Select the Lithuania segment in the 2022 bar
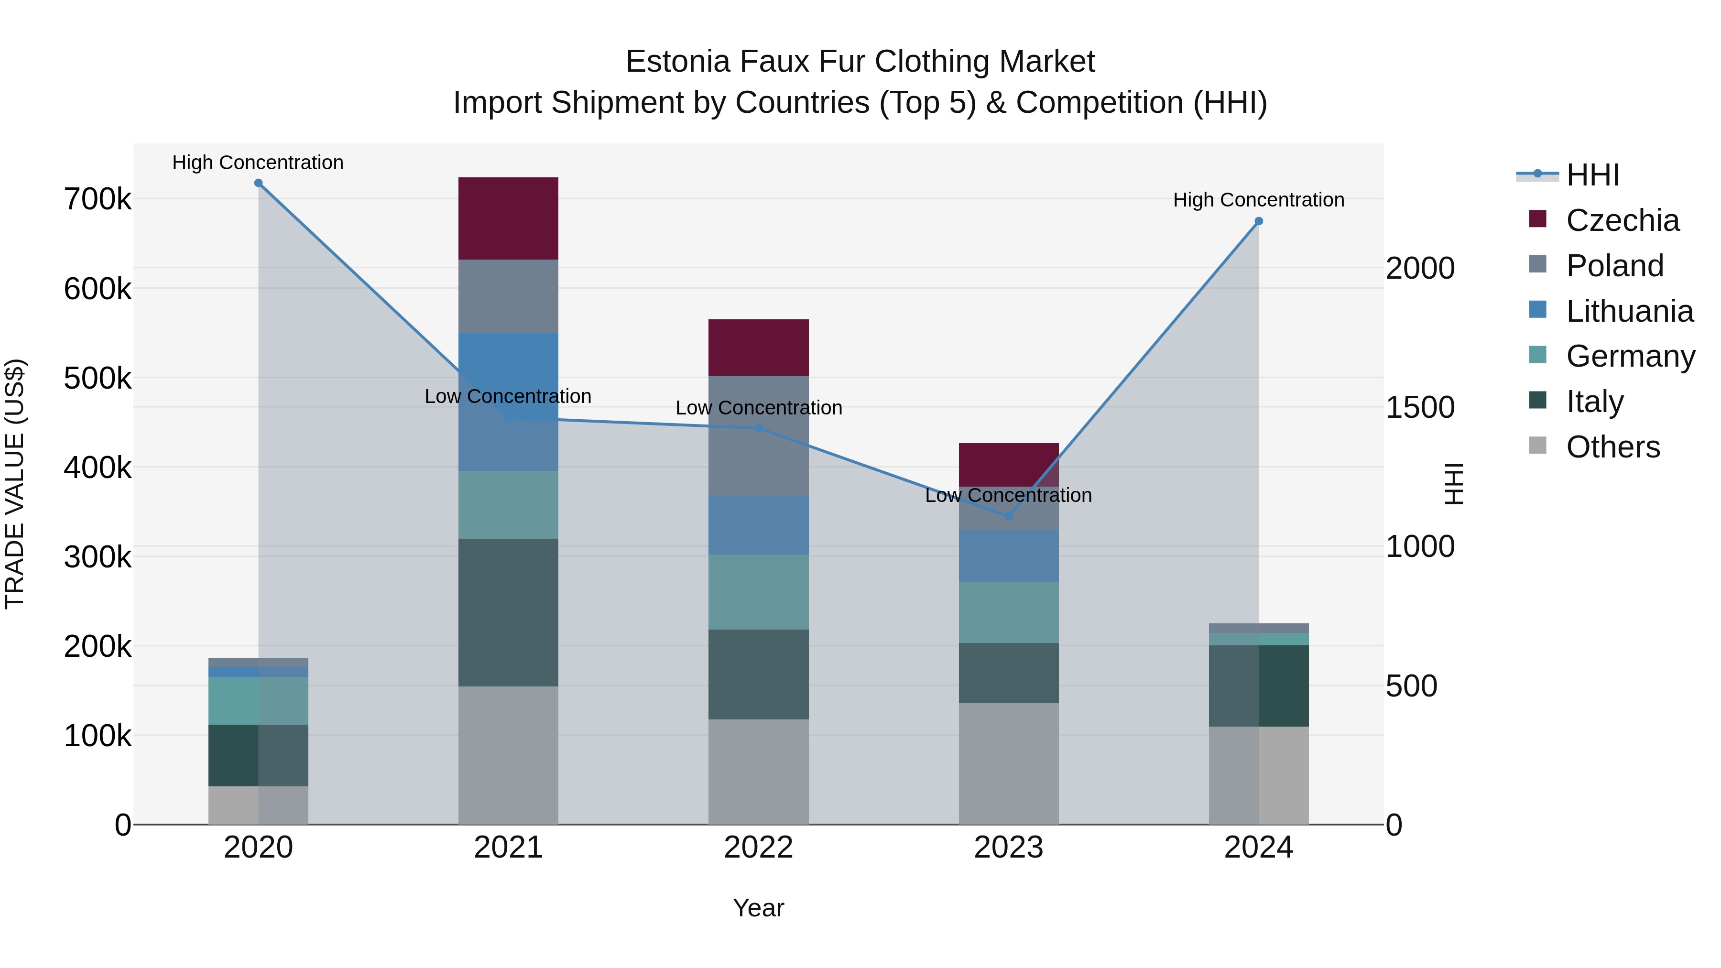[758, 524]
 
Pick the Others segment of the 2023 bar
[1008, 763]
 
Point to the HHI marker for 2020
[259, 183]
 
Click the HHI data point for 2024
[1259, 221]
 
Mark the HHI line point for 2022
[758, 428]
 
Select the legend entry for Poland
[1613, 266]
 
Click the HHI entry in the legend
[1591, 175]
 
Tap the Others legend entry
[1612, 447]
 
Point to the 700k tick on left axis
[98, 199]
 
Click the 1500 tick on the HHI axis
[1420, 407]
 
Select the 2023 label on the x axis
[1008, 848]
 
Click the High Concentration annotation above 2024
[1259, 200]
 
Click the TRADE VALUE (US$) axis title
[15, 484]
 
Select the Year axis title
[758, 908]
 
